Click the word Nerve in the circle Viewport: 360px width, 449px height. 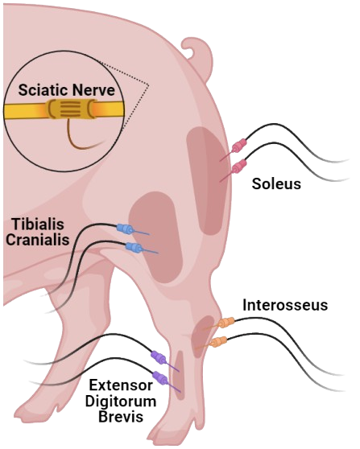93,89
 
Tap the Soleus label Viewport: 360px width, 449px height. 276,183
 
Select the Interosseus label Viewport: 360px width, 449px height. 285,305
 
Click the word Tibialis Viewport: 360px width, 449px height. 38,224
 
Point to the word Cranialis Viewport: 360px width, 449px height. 38,240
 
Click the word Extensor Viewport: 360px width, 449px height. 121,385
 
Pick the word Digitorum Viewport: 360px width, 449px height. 121,402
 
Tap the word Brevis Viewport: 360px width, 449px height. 121,417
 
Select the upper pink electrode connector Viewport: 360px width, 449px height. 239,146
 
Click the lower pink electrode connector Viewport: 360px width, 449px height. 239,167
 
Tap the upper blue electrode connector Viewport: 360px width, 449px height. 125,229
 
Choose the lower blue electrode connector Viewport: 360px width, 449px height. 134,247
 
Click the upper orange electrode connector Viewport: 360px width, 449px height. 226,323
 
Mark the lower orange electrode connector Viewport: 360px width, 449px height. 218,342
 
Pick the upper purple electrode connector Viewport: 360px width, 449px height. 159,357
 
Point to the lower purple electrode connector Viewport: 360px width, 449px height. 160,378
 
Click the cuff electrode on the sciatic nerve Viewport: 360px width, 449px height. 72,109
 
